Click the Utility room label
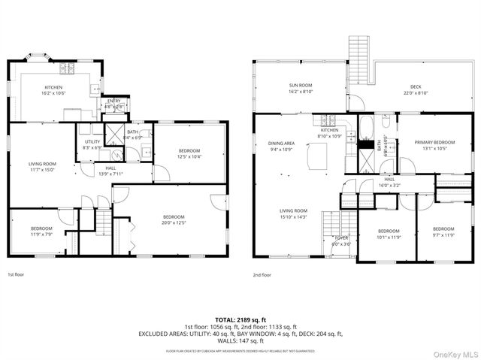(92, 141)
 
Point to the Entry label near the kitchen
(113, 101)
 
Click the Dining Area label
(280, 143)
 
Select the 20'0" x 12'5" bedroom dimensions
(174, 222)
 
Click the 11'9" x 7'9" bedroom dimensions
(41, 233)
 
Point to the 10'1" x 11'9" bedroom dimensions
(389, 235)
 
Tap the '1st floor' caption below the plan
(17, 274)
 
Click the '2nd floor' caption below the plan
(262, 274)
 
